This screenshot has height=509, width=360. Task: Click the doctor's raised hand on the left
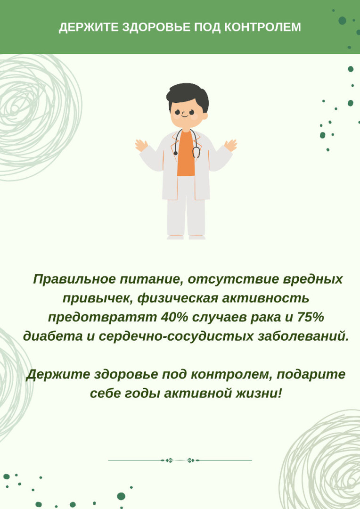pyautogui.click(x=141, y=145)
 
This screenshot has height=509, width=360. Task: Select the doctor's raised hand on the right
pyautogui.click(x=230, y=145)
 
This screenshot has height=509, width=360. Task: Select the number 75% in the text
pyautogui.click(x=310, y=318)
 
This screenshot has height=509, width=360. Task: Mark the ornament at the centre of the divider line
pyautogui.click(x=180, y=460)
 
